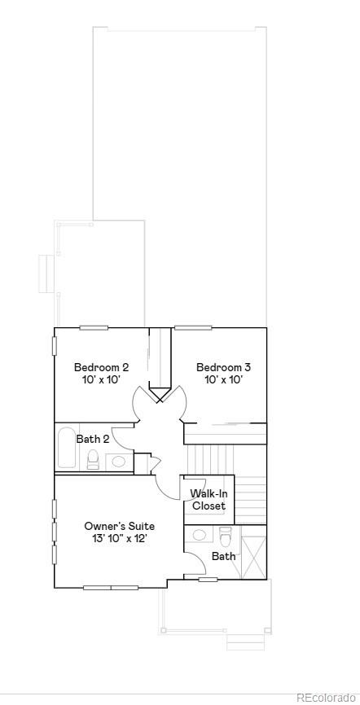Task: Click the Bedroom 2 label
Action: coord(101,367)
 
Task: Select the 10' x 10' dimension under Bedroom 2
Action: coord(101,379)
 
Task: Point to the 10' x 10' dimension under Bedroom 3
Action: coord(223,379)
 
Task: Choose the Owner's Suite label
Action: coord(119,526)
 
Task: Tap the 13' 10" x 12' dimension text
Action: coord(119,538)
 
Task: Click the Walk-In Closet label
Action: coord(209,500)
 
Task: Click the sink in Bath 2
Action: coord(120,462)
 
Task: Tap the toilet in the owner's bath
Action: coord(226,536)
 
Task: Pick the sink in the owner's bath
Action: coord(200,536)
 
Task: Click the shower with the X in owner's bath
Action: coord(254,553)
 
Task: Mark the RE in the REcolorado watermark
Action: coord(304,697)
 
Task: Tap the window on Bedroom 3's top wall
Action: coord(193,328)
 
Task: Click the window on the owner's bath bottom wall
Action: coord(209,580)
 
